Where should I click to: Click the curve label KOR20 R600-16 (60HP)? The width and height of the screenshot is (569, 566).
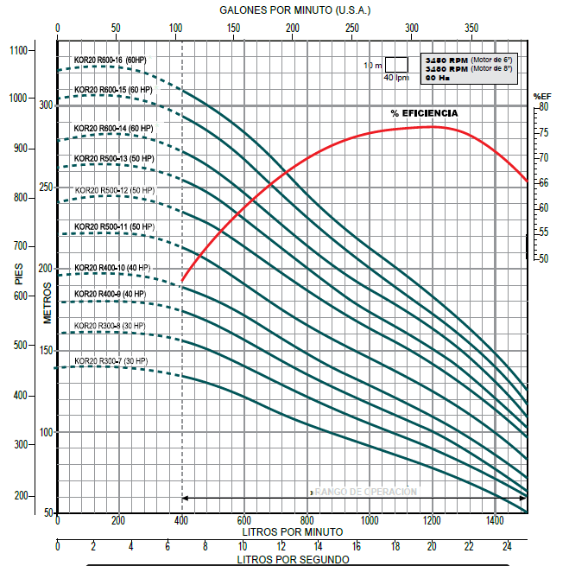[110, 60]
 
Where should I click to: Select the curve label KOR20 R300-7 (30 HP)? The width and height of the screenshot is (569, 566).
[111, 360]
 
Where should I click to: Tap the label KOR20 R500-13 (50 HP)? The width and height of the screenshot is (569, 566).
[113, 158]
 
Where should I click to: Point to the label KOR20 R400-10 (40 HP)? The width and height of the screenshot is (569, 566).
[112, 267]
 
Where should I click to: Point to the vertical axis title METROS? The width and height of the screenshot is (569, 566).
[48, 302]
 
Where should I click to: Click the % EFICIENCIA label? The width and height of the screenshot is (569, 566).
[424, 113]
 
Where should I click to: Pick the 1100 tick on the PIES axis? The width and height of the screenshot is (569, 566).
[19, 50]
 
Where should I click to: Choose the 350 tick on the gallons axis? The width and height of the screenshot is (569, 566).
[471, 29]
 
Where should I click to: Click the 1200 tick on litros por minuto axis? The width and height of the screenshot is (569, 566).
[432, 521]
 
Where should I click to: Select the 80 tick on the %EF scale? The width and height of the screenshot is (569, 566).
[543, 106]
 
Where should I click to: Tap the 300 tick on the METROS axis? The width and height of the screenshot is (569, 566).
[46, 105]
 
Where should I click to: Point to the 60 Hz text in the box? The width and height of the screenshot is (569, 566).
[438, 78]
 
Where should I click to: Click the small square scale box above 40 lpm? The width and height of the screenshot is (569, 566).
[395, 64]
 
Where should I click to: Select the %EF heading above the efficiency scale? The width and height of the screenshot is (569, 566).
[541, 96]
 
